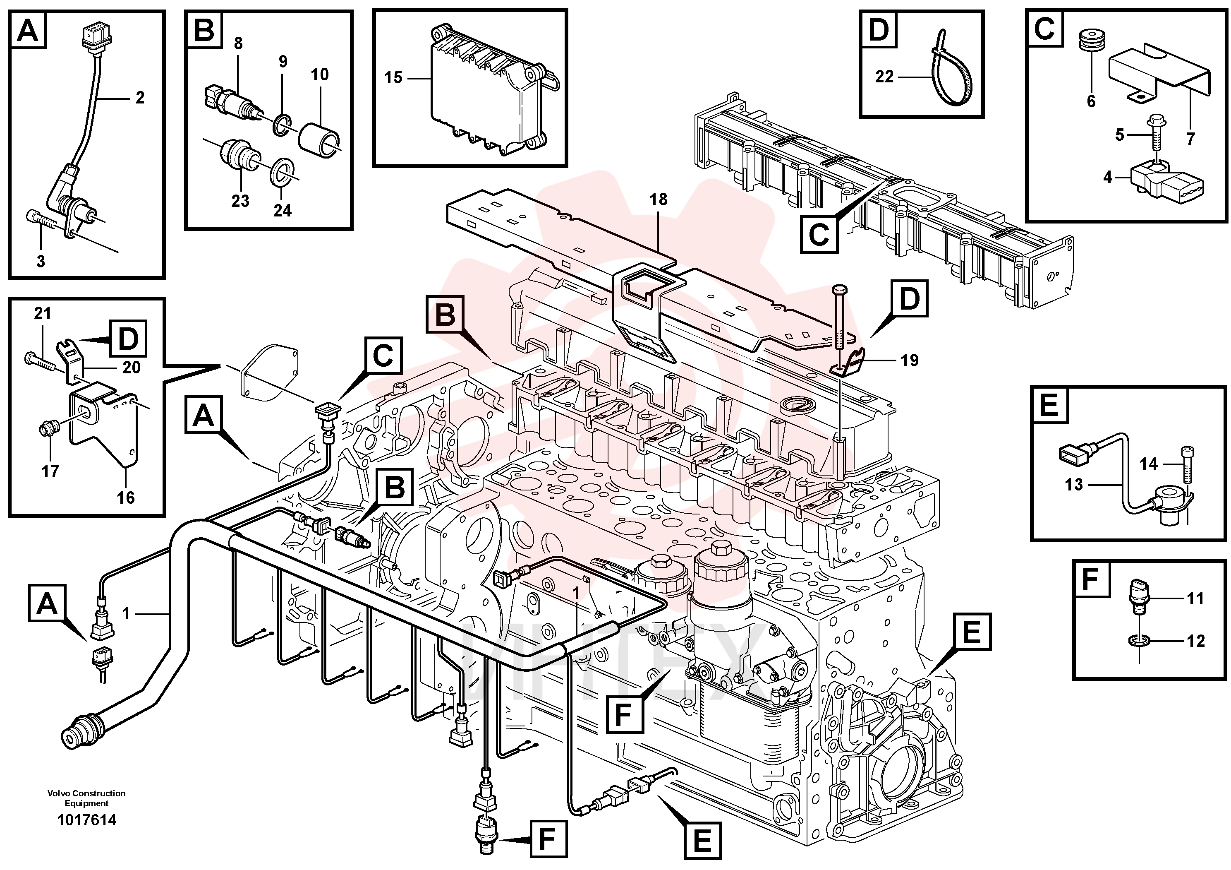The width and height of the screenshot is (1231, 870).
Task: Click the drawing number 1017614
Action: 87,820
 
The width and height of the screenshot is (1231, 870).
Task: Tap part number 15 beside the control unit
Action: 393,78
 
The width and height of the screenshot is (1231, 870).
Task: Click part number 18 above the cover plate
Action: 659,199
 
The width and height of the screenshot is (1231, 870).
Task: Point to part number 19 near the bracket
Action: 909,360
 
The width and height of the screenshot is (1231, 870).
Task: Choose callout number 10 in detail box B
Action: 320,74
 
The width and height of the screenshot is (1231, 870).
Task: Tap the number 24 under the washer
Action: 283,210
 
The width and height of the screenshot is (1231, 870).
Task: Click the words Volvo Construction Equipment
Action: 87,798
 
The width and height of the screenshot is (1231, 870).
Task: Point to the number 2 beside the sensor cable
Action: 140,98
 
